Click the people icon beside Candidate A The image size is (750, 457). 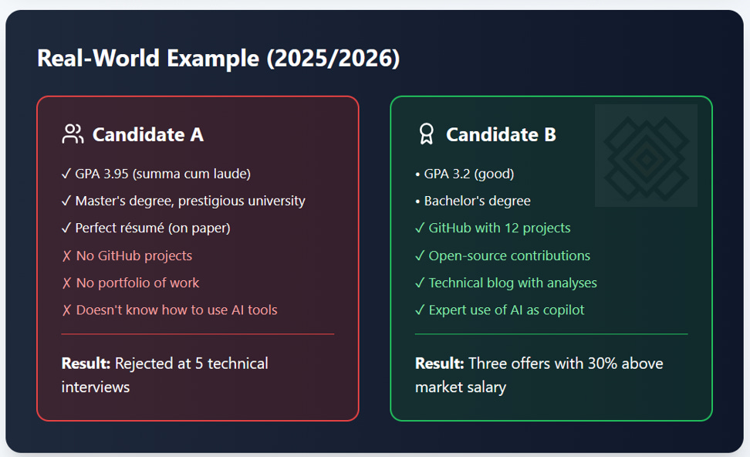pyautogui.click(x=72, y=134)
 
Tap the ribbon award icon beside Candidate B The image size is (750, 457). pyautogui.click(x=426, y=134)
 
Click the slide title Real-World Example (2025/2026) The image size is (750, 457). pyautogui.click(x=218, y=59)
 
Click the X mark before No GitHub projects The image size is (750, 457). pyautogui.click(x=66, y=256)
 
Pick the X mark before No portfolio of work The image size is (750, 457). pyautogui.click(x=66, y=283)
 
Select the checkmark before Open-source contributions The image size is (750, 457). pyautogui.click(x=420, y=256)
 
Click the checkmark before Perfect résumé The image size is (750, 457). pyautogui.click(x=66, y=228)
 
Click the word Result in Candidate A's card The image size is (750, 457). pyautogui.click(x=86, y=363)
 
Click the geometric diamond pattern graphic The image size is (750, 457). pyautogui.click(x=646, y=156)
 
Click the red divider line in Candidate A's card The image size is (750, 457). pyautogui.click(x=198, y=334)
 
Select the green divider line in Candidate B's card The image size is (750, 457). pyautogui.click(x=551, y=334)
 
